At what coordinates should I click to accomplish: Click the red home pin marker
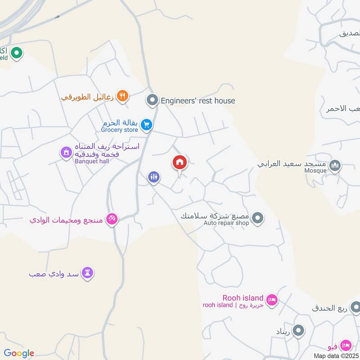(180, 162)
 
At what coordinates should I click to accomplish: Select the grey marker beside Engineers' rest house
(153, 99)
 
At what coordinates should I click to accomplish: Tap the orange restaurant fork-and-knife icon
(122, 96)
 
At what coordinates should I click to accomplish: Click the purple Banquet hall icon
(66, 153)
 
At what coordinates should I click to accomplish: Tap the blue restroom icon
(154, 177)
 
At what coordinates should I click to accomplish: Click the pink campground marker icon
(112, 219)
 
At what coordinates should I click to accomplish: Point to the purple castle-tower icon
(88, 273)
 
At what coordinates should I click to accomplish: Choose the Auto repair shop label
(226, 223)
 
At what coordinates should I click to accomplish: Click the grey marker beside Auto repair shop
(257, 219)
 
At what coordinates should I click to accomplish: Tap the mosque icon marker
(335, 166)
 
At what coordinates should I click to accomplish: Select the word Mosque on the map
(316, 171)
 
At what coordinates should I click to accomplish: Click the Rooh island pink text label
(243, 297)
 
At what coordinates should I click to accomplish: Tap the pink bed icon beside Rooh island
(272, 300)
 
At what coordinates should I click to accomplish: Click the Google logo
(19, 353)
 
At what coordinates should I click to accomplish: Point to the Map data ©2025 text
(336, 355)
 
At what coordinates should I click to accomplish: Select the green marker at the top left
(17, 54)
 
